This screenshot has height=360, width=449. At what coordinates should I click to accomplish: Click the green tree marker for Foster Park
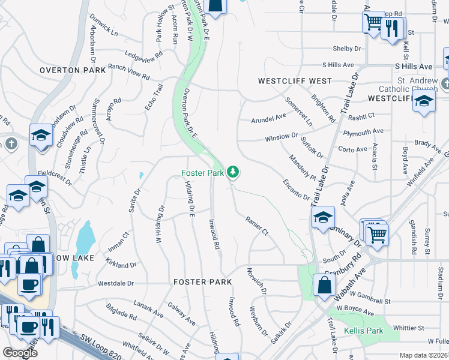click(233, 173)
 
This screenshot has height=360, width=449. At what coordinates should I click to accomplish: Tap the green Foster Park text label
click(202, 173)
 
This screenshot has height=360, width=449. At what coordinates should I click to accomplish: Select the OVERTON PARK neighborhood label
click(73, 70)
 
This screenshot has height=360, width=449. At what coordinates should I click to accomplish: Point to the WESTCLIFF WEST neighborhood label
click(295, 80)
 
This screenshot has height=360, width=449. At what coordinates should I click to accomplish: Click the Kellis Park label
click(363, 331)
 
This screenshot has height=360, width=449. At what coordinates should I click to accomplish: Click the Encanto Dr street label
click(297, 190)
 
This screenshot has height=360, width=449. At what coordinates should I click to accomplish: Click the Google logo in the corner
click(20, 353)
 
